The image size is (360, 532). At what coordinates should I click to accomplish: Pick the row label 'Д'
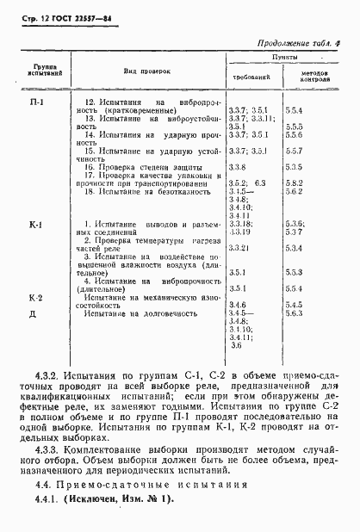[x=35, y=314]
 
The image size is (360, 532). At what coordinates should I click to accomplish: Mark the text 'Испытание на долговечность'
[x=141, y=314]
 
